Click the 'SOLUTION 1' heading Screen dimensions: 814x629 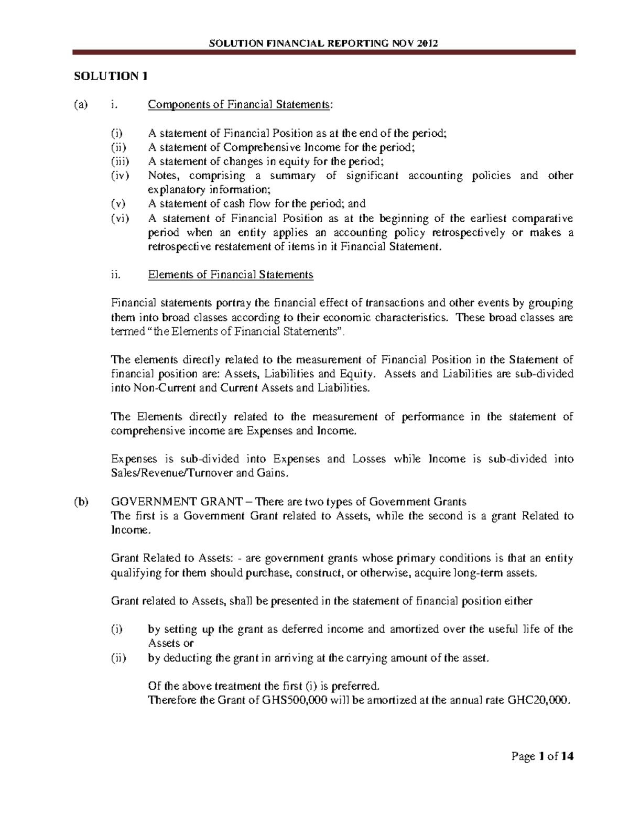click(x=110, y=76)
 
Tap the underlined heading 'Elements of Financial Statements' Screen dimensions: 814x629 click(x=231, y=275)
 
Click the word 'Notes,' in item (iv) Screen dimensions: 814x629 click(x=164, y=176)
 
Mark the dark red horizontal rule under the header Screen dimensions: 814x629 click(x=323, y=52)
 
